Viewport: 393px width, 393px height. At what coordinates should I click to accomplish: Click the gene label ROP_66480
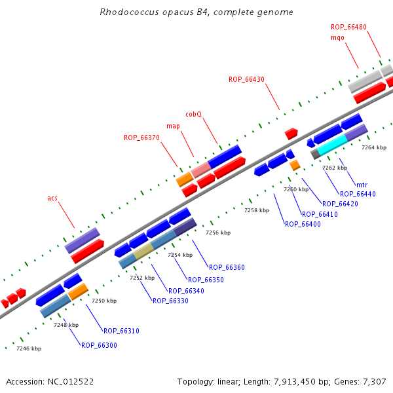348,27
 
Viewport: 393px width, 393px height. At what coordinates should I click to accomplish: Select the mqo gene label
337,37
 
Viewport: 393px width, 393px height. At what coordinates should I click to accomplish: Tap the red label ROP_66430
246,79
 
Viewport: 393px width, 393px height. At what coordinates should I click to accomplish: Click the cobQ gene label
193,114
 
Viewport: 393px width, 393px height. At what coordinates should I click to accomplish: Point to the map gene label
173,126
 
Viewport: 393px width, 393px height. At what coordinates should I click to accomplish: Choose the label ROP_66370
141,138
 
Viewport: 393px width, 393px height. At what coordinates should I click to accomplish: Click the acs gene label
52,198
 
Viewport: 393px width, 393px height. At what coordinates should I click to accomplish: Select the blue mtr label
361,185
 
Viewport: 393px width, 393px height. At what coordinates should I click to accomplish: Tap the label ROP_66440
358,194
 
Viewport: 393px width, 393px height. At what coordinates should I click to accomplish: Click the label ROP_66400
303,224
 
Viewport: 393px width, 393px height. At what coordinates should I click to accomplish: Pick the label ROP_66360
227,267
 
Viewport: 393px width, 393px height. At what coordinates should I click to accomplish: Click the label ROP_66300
99,345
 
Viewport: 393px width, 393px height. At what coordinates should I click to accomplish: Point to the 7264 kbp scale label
374,147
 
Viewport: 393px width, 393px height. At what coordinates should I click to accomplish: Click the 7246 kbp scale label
29,348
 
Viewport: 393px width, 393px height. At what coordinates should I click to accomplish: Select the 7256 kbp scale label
218,233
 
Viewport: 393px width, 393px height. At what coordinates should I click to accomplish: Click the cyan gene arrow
332,144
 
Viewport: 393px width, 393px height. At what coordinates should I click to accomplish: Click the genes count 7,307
375,381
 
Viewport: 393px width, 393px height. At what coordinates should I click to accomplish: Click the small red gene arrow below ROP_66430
291,133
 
